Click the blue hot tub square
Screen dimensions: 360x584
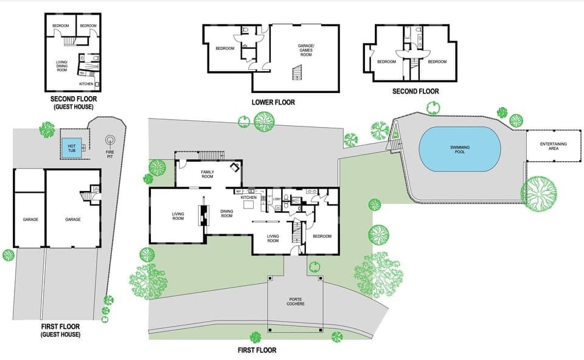tap(72, 147)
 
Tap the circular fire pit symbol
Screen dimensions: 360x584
tap(111, 141)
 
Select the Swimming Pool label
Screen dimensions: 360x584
tap(459, 150)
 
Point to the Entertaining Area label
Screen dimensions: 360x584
tap(553, 146)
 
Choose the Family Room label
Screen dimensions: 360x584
tap(208, 175)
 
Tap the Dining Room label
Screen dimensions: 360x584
tap(227, 213)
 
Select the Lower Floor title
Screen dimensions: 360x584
tap(273, 102)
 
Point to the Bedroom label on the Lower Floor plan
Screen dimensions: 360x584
tap(225, 49)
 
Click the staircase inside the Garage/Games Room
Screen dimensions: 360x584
tap(297, 74)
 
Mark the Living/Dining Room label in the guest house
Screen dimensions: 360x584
tap(61, 65)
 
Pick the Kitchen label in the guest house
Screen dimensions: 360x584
tap(86, 83)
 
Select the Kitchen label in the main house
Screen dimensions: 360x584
tap(249, 198)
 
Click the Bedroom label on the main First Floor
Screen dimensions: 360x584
tap(322, 236)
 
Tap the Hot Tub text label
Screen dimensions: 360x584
tap(72, 147)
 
